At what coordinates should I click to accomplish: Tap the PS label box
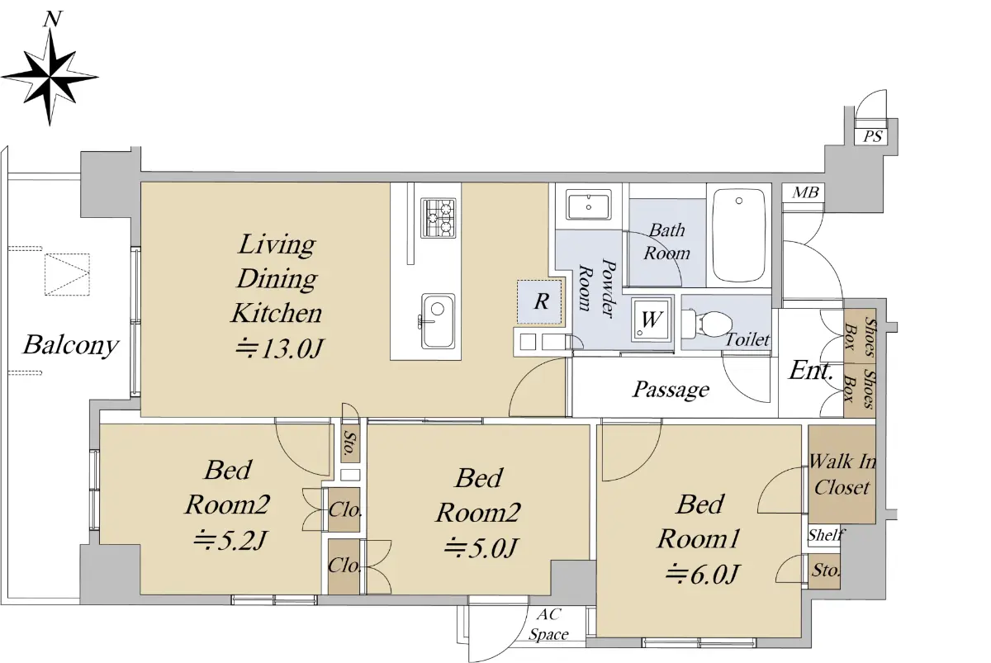(871, 135)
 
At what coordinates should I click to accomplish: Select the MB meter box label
(804, 192)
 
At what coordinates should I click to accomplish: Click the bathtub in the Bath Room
(739, 235)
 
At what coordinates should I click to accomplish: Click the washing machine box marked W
(652, 319)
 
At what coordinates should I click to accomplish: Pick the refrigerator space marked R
(540, 301)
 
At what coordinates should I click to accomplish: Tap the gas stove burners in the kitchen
(438, 218)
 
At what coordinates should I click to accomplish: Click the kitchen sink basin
(438, 320)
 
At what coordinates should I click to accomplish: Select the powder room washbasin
(589, 205)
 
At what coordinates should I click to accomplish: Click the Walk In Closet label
(842, 475)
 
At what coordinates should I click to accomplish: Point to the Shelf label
(826, 535)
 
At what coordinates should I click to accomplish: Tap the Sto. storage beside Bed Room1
(825, 571)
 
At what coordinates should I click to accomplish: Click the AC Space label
(548, 624)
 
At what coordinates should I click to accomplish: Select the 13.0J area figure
(280, 349)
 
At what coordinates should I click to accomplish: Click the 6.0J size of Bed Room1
(703, 575)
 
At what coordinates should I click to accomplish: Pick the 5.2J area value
(230, 540)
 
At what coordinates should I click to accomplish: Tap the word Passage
(671, 390)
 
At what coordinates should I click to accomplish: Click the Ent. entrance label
(810, 370)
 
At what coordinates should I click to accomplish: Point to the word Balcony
(71, 345)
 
